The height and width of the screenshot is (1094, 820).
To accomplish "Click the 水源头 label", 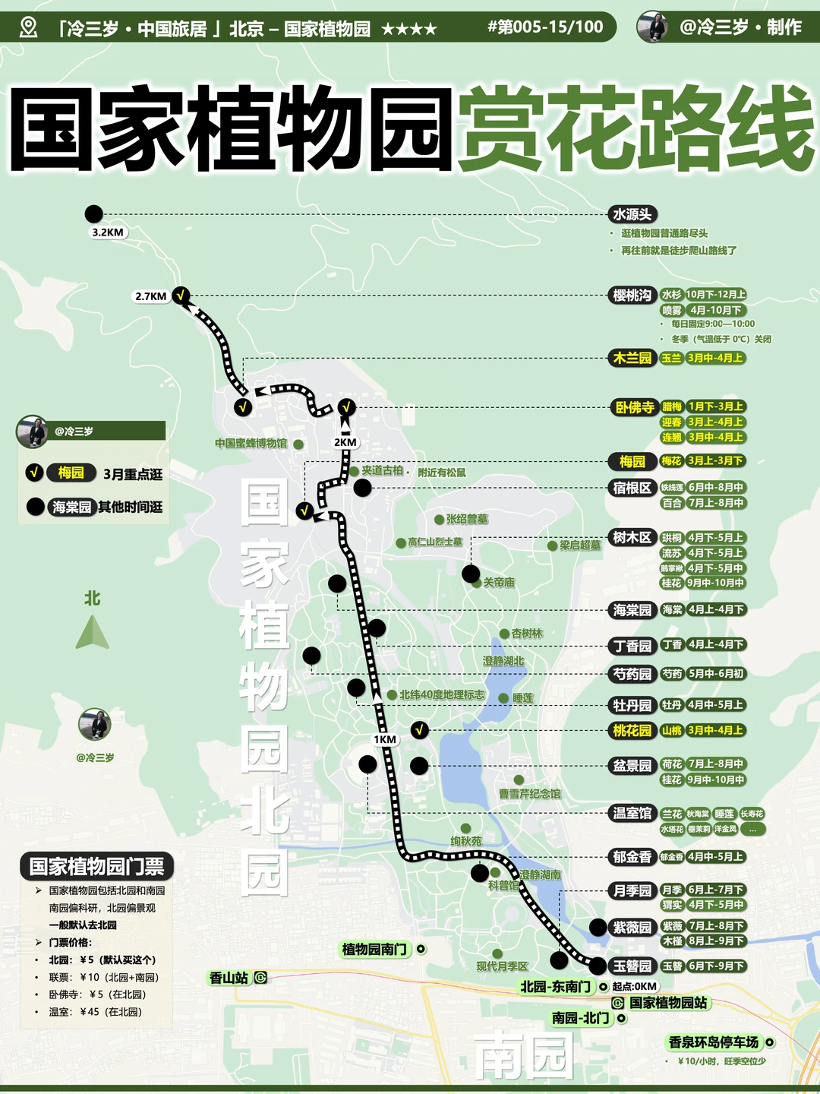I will (632, 214).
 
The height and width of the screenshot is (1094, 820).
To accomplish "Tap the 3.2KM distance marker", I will (107, 232).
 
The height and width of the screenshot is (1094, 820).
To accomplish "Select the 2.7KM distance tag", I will (150, 296).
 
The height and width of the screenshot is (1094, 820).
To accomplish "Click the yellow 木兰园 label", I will (632, 358).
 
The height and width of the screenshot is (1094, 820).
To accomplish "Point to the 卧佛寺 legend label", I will (634, 407).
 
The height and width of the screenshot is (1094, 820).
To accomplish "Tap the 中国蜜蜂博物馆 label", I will (251, 443).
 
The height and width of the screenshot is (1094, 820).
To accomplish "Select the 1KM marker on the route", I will (385, 739).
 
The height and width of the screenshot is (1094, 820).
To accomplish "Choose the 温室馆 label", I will (632, 813).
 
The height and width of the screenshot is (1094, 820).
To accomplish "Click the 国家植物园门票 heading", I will (96, 866).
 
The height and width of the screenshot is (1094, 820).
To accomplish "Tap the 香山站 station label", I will (229, 978).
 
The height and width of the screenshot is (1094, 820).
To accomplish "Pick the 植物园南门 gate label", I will (375, 949).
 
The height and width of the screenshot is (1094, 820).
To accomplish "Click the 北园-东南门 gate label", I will (555, 986).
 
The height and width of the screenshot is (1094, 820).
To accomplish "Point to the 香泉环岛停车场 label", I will (714, 1042).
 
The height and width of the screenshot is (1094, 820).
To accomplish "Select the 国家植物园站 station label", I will (668, 1003).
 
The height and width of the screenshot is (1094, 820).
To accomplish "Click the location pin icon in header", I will (28, 28).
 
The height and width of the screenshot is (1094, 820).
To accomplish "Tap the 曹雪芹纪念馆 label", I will (529, 794).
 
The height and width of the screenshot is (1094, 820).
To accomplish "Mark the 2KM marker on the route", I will (345, 442).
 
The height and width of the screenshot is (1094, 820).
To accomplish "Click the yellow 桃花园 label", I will (632, 731).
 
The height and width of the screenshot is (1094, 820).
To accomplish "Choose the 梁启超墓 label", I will (580, 545).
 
